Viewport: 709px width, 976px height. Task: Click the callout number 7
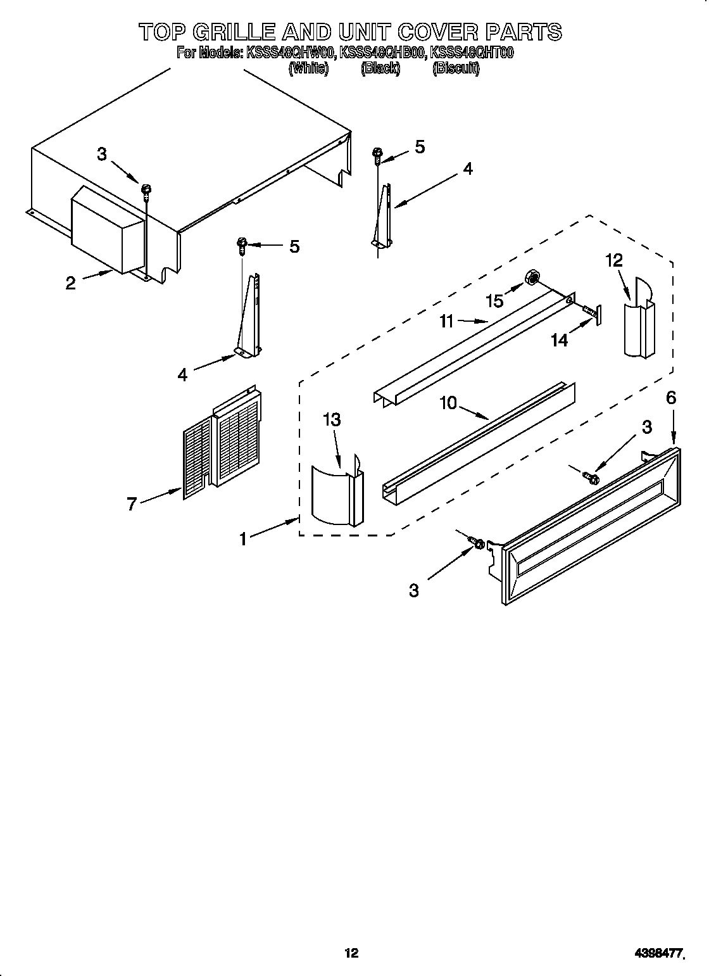(x=132, y=504)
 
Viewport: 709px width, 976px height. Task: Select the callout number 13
(x=332, y=420)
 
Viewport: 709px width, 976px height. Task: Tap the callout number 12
(x=614, y=260)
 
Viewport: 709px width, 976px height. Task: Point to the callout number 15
(x=495, y=301)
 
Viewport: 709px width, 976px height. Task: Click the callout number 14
(x=559, y=340)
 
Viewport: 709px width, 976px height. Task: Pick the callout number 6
(x=671, y=398)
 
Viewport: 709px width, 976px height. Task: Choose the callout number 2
(x=70, y=283)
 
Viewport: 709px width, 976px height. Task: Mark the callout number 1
(x=243, y=539)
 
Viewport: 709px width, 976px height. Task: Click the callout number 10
(x=448, y=403)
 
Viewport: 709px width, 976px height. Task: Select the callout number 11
(x=447, y=322)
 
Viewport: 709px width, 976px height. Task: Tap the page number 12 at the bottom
(x=351, y=935)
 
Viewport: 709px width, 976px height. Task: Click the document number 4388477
(x=659, y=935)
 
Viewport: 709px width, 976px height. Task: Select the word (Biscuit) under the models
(x=456, y=68)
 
